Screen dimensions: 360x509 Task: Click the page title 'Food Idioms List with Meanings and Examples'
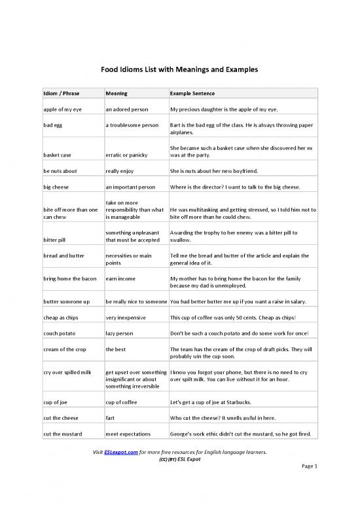(179, 69)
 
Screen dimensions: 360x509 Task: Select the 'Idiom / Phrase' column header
(57, 94)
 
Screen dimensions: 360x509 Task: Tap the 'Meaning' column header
(116, 94)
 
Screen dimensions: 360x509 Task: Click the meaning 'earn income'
(120, 278)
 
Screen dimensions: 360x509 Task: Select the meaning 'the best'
(116, 349)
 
